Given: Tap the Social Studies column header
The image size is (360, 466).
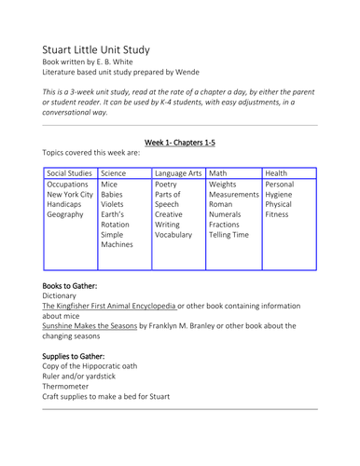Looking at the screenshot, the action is pyautogui.click(x=69, y=173).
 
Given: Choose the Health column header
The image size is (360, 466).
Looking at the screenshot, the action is pyautogui.click(x=276, y=173).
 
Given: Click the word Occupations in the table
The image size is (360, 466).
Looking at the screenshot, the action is pyautogui.click(x=67, y=185).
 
